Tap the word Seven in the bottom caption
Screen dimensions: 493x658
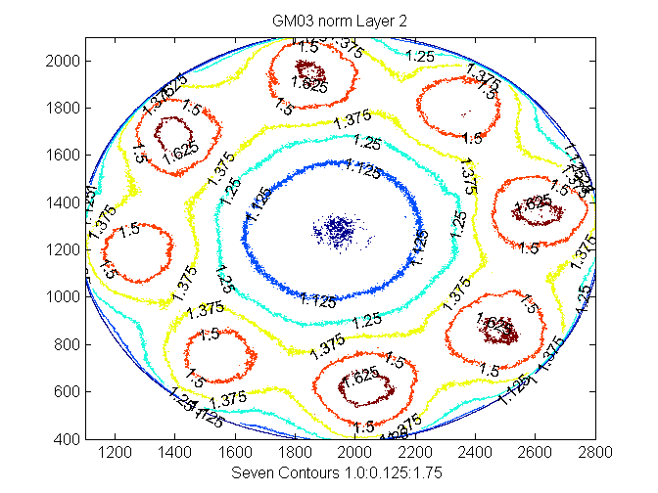tap(251, 474)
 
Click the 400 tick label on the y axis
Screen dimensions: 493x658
tap(69, 439)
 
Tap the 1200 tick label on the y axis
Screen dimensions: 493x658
tap(65, 249)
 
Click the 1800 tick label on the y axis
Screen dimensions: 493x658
tap(65, 108)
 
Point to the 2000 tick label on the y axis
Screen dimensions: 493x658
tap(65, 61)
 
